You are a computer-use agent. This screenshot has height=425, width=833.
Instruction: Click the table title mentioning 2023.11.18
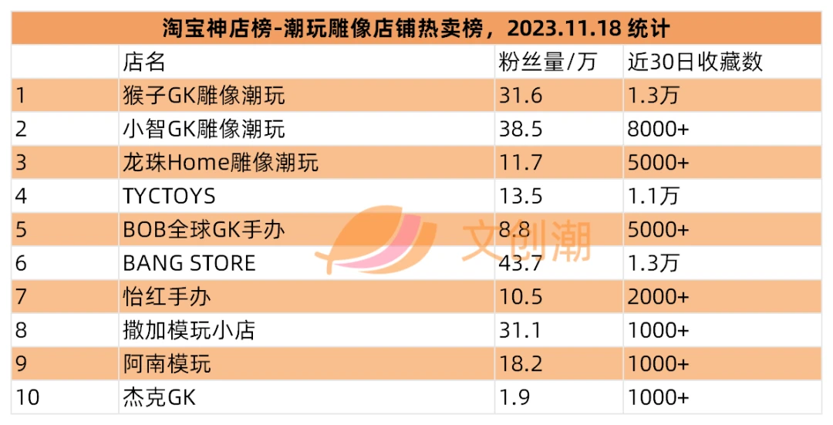(416, 28)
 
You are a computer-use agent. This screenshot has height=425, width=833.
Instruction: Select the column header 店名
(144, 62)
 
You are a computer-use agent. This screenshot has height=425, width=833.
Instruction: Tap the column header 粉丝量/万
(547, 62)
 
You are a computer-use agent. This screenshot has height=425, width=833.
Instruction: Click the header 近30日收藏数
(695, 62)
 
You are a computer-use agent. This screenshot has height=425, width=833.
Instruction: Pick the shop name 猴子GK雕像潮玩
(204, 96)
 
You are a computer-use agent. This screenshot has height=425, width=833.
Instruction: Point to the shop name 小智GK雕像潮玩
(204, 129)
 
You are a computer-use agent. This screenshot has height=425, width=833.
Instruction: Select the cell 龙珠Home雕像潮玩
(221, 163)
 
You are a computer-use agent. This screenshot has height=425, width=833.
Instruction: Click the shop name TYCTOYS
(169, 197)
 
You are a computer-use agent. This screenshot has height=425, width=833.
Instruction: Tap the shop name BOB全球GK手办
(204, 230)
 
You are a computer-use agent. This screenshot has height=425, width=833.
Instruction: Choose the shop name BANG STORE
(189, 264)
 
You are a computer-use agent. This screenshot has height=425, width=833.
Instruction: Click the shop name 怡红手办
(167, 296)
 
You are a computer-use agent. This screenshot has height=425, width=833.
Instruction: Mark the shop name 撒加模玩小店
(189, 330)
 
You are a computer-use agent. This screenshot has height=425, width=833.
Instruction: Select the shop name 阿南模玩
(167, 363)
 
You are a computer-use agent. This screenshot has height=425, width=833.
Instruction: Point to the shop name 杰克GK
(160, 396)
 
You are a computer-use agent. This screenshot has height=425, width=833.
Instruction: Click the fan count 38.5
(521, 129)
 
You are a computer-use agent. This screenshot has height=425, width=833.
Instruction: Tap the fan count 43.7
(521, 264)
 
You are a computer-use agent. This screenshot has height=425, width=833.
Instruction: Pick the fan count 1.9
(514, 396)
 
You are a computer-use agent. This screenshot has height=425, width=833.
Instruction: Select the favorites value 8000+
(658, 129)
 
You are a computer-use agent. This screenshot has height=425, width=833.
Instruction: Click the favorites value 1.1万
(653, 197)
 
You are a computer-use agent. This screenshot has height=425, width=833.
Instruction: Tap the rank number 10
(28, 396)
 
